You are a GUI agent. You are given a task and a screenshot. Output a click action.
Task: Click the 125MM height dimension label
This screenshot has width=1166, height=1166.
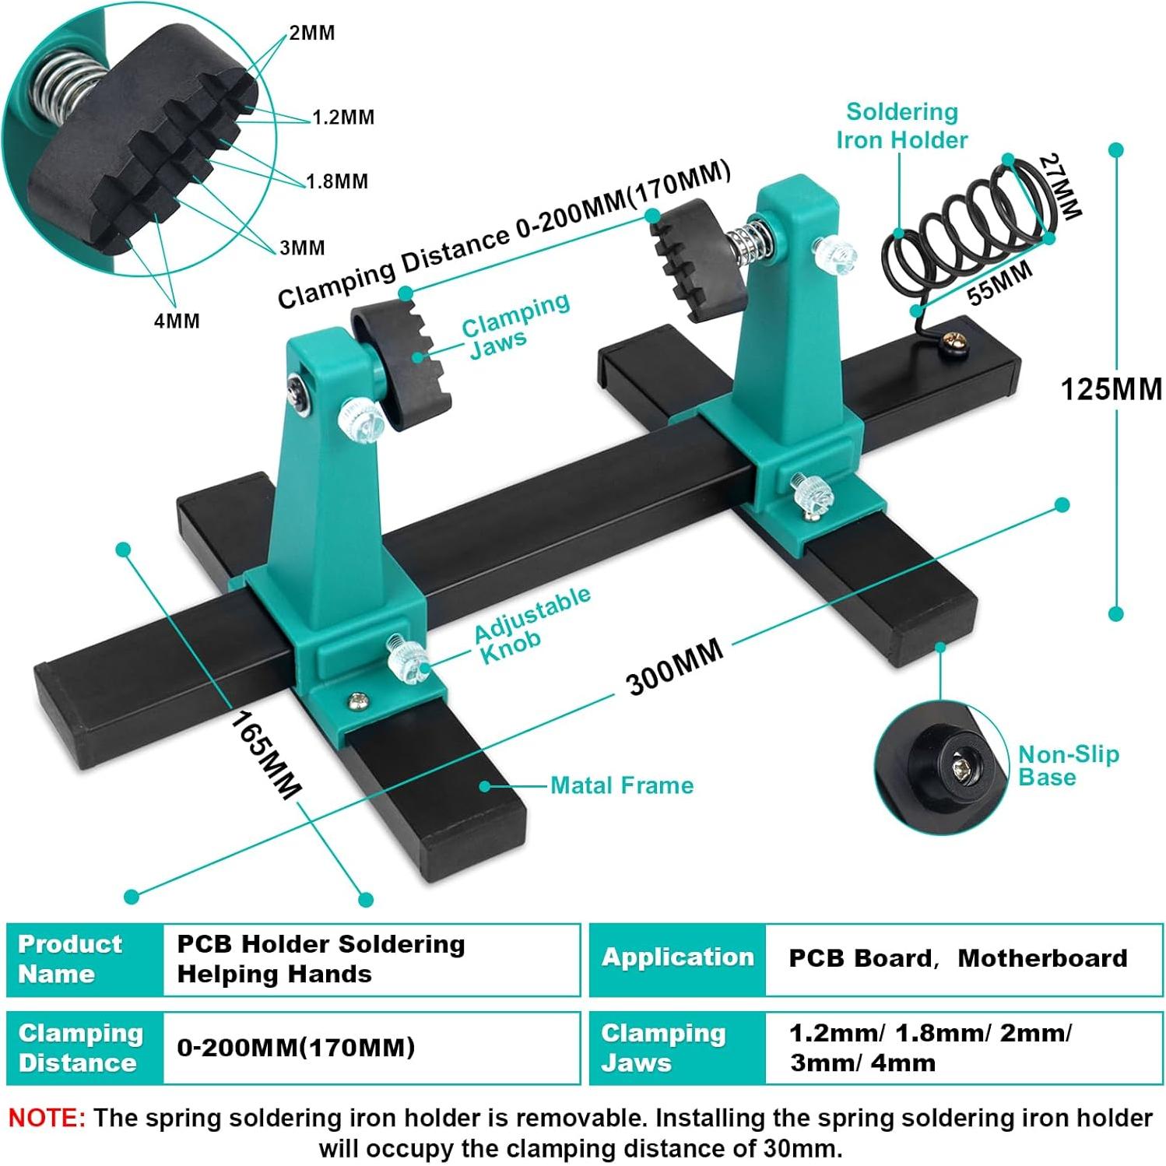(1111, 388)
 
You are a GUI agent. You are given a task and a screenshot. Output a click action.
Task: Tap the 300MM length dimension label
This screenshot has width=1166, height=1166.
(675, 667)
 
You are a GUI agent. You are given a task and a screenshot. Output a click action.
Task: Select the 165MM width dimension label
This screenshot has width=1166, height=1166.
(264, 755)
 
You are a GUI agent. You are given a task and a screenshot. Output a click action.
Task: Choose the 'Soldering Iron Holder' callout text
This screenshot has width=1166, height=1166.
(901, 126)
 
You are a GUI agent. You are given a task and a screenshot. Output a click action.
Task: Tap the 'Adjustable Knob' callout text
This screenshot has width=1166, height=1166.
(532, 626)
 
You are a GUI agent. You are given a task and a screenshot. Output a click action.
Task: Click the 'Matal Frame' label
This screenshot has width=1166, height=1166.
(621, 785)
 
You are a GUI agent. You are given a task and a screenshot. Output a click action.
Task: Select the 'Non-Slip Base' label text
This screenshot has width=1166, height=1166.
(1068, 765)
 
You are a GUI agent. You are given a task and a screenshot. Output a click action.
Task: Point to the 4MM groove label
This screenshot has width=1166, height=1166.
(177, 321)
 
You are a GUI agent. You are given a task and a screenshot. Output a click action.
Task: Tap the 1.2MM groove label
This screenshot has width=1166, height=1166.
(342, 118)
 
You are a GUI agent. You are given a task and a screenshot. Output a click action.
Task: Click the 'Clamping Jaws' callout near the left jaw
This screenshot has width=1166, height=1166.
(515, 326)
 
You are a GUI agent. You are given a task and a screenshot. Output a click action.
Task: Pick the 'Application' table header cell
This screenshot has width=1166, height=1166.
(677, 958)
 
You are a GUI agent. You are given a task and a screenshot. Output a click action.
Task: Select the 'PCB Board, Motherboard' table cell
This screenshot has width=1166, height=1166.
(957, 958)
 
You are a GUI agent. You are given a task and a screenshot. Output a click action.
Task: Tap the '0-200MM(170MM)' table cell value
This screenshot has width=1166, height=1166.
(296, 1048)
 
